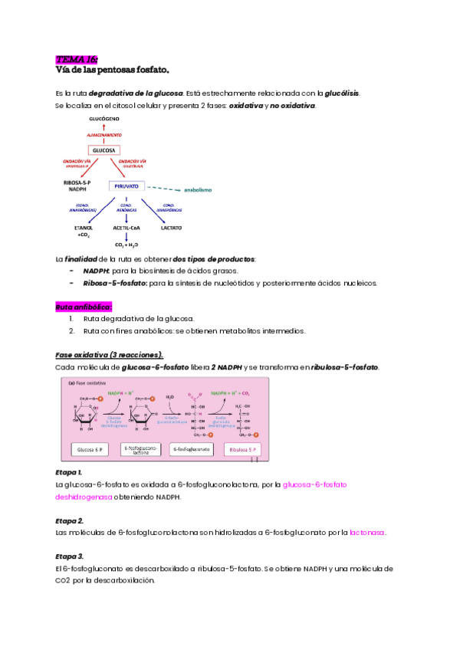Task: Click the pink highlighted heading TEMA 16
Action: (77, 59)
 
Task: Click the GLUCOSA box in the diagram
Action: (104, 150)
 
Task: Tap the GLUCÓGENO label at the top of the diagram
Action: (105, 120)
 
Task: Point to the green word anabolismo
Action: (195, 189)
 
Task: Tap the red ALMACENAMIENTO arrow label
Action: (105, 135)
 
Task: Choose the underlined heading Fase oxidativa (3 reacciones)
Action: (110, 355)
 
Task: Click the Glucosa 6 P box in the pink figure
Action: (93, 449)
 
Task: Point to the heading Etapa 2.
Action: (70, 520)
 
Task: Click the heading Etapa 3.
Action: (70, 556)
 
